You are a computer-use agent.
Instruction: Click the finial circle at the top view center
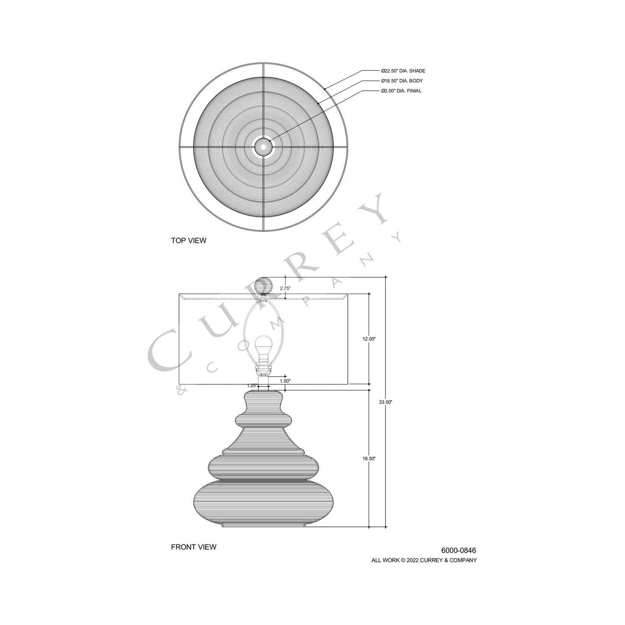[263, 147]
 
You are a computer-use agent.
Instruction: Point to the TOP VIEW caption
[189, 240]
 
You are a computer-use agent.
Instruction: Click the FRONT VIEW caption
[193, 547]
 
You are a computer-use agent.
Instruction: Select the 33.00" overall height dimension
[385, 402]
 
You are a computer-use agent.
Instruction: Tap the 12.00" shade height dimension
[369, 339]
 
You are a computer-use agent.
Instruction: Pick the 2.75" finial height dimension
[285, 288]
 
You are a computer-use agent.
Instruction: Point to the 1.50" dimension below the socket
[285, 381]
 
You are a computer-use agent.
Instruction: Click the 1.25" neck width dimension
[252, 385]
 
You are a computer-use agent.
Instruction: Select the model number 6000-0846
[458, 551]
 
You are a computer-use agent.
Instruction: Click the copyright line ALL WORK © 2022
[424, 560]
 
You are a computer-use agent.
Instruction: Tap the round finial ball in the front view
[263, 285]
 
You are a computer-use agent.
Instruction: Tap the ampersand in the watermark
[181, 390]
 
